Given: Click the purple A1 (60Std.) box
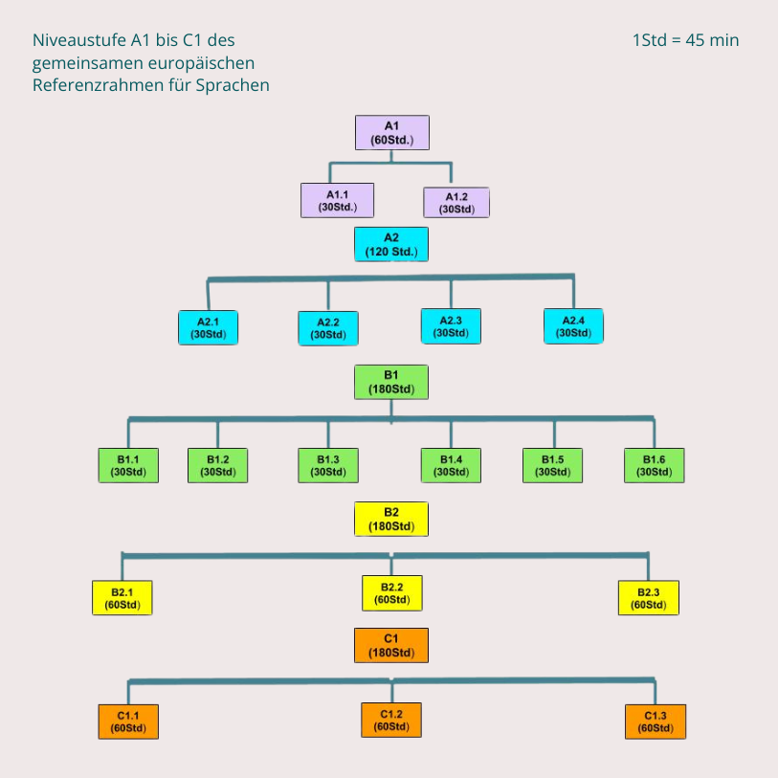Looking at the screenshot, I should coord(391,133).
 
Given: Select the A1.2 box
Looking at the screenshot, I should coord(456,203).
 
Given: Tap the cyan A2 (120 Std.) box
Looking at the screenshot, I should coord(391,244).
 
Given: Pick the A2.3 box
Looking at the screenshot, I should coord(451,326).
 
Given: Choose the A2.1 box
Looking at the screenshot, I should coord(208,327).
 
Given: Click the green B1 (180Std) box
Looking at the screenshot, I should coord(391,382).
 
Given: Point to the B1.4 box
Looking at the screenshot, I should coord(451,465).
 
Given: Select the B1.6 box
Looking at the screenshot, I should coord(655,465).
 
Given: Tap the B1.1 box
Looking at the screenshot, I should coord(128,465).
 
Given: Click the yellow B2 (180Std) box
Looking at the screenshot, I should coord(391,519).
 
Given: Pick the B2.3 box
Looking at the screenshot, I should coord(649,598).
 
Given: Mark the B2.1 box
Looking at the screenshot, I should coord(122,598).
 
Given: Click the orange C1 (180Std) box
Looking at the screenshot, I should coord(391,645).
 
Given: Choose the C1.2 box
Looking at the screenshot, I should coord(391,720).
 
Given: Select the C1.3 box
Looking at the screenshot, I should coord(656,722).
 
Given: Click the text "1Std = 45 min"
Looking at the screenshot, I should coord(685,40).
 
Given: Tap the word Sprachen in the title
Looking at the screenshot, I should coord(233,85).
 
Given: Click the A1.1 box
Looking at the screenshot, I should coord(337,200).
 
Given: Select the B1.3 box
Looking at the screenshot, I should coord(328,465).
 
